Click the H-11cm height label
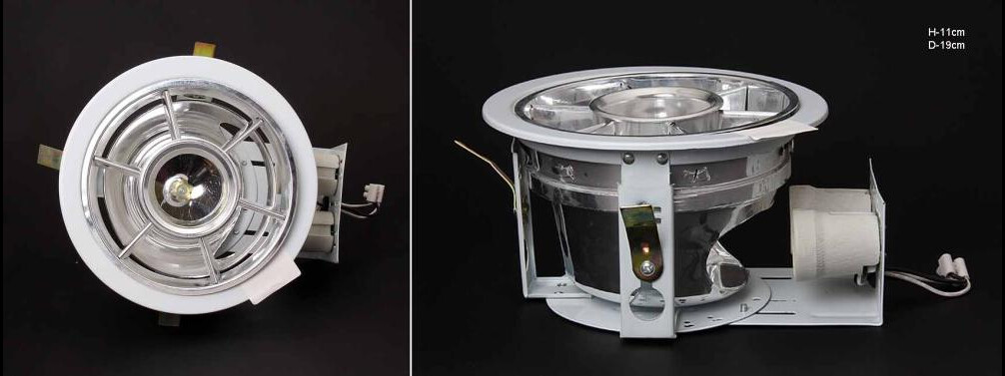pos(946,32)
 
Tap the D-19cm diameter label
pos(946,46)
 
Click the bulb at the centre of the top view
pos(179,188)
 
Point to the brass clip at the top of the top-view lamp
pos(204,49)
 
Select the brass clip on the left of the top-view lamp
pos(49,157)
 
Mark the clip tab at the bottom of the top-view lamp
pos(170,318)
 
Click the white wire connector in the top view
pos(374,191)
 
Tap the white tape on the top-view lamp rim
pos(273,280)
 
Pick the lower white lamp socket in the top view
pos(327,230)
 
